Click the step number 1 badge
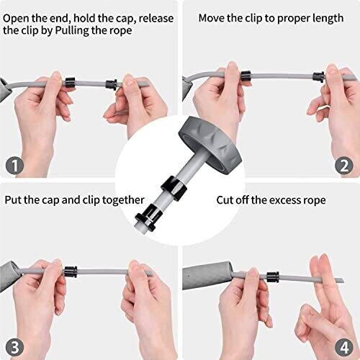coord(14,166)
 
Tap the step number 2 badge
coord(344,166)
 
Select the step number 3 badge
coord(14,347)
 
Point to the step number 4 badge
coord(344,347)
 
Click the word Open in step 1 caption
coord(16,19)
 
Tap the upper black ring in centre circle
coord(174,188)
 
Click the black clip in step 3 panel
coord(71,271)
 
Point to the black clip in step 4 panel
coord(273,277)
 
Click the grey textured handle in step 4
coord(207,276)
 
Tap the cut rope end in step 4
coord(343,281)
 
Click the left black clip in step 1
coord(70,81)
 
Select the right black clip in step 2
coord(319,76)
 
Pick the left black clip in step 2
coord(246,76)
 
